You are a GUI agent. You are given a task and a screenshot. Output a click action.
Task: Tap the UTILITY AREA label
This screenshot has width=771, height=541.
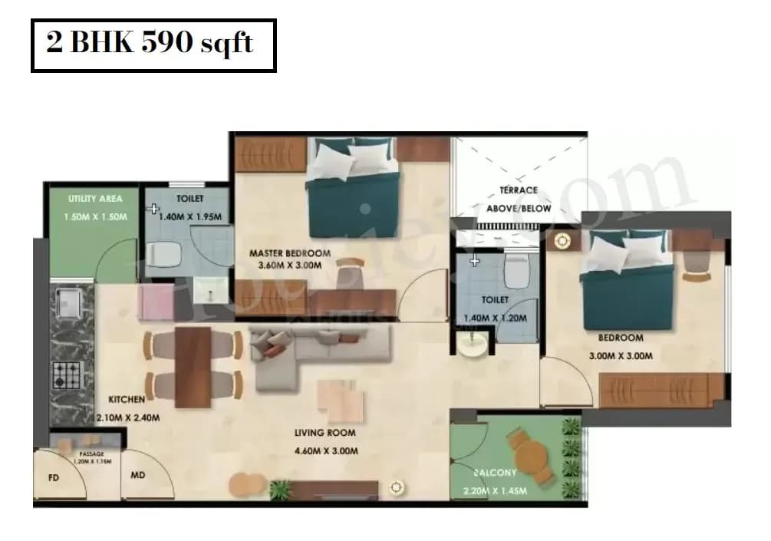point(94,199)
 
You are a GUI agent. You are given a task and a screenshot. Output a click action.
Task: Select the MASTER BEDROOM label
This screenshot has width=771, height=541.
point(290,253)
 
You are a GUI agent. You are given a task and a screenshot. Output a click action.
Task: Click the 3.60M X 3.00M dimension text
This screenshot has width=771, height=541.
point(290,266)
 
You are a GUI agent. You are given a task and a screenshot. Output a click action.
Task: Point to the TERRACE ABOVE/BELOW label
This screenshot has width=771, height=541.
point(519,199)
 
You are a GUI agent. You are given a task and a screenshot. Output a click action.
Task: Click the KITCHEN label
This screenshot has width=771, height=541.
point(127,400)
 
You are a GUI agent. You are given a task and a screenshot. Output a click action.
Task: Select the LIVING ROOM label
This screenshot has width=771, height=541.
point(326,433)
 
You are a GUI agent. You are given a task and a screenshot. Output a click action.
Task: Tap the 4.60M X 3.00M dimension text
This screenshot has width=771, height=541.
point(326,451)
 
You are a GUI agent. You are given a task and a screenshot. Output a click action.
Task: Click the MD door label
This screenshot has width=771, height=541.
point(138,476)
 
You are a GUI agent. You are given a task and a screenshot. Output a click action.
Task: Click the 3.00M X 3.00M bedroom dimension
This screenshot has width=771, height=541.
point(621,356)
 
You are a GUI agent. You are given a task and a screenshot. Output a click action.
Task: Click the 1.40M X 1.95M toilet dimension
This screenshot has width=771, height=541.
point(190,217)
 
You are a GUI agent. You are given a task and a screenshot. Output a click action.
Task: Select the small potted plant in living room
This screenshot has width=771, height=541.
point(281,489)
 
